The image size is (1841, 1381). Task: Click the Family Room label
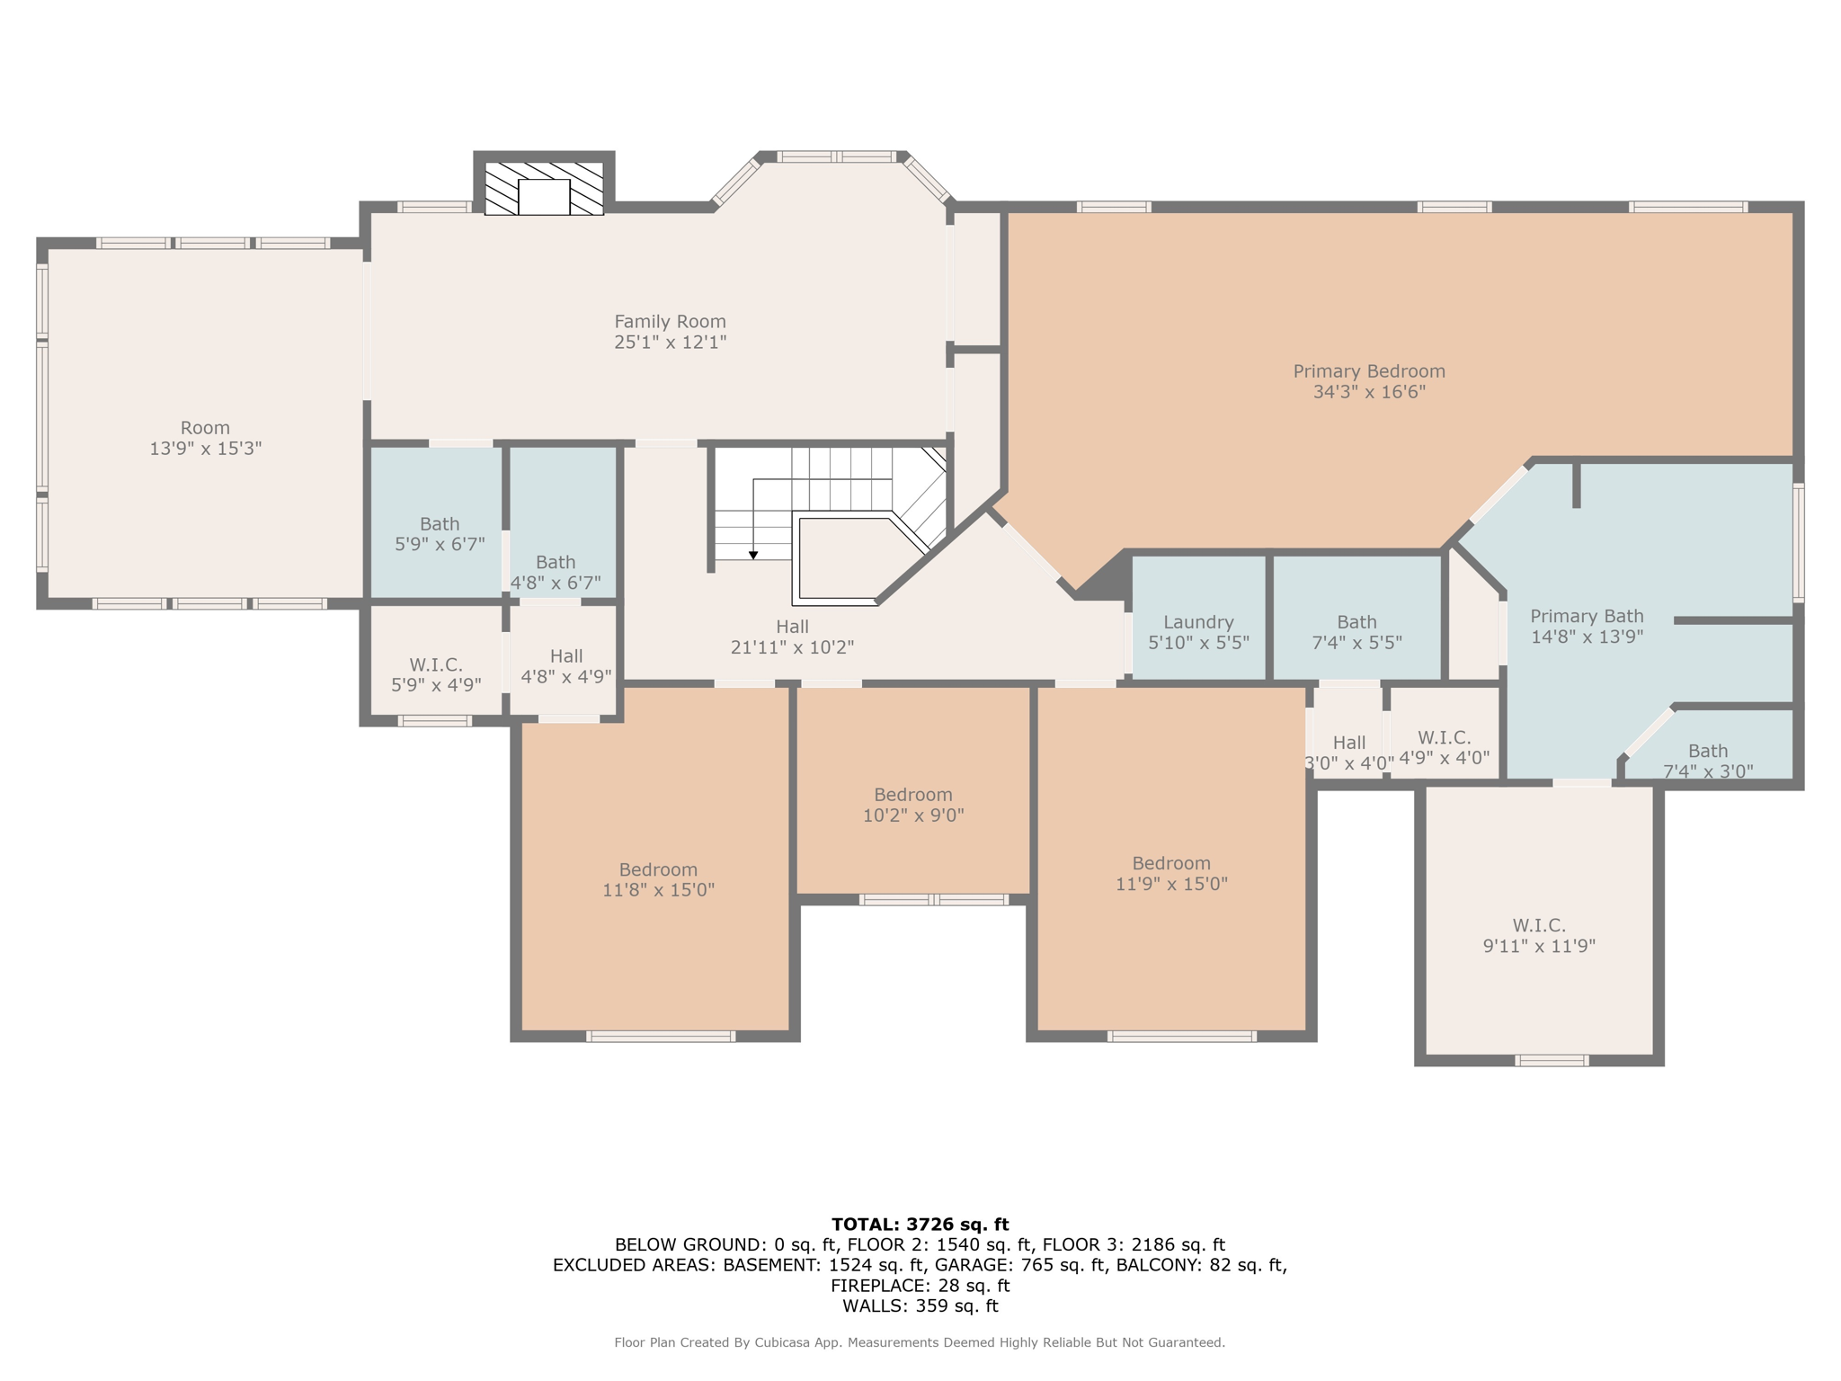[x=670, y=322]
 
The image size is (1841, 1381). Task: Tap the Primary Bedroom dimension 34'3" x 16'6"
[x=1369, y=392]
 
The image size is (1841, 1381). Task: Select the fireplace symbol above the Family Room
[x=544, y=189]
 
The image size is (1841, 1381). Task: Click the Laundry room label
[x=1198, y=622]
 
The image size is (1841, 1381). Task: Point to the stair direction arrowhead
[x=753, y=556]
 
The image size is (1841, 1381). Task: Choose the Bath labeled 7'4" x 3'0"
[x=1707, y=761]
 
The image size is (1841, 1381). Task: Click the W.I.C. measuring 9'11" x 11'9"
[x=1539, y=935]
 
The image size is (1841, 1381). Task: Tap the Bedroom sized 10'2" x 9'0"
[x=913, y=805]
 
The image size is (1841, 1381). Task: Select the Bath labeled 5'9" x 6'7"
[x=440, y=533]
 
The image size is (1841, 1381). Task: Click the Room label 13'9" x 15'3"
[x=205, y=438]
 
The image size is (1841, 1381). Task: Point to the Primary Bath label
[x=1587, y=617]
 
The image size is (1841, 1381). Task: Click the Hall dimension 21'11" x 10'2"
[x=792, y=647]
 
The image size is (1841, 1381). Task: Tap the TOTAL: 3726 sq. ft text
[x=920, y=1224]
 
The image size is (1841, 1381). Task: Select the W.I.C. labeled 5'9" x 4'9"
[x=436, y=674]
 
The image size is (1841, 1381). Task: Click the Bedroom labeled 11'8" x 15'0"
[x=658, y=879]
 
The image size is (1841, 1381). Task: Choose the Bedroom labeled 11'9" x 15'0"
[x=1171, y=873]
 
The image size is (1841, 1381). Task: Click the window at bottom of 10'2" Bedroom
[x=933, y=899]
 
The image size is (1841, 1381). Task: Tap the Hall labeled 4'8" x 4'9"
[x=566, y=666]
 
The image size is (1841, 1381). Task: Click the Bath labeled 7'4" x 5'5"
[x=1356, y=632]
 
